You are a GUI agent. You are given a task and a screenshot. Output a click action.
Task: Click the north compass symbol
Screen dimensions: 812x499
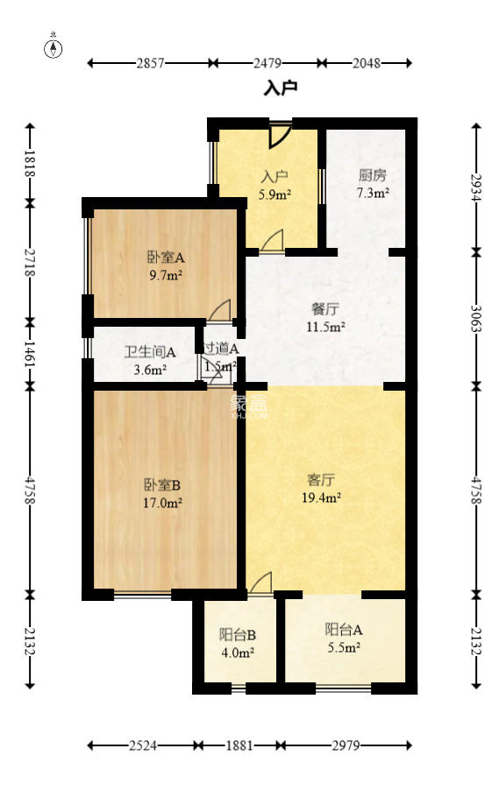(54, 47)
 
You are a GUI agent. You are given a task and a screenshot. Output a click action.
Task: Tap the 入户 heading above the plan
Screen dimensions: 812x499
(281, 88)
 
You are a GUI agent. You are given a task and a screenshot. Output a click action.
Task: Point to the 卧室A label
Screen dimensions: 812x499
(165, 258)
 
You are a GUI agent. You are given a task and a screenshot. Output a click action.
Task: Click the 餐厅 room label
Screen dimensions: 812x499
(325, 309)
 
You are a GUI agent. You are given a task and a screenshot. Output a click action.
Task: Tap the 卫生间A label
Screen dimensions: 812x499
(150, 352)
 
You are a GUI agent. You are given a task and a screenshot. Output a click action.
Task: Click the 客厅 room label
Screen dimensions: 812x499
(321, 480)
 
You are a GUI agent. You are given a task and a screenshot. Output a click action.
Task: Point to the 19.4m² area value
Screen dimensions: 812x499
(322, 498)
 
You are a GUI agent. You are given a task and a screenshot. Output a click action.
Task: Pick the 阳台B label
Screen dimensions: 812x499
(237, 634)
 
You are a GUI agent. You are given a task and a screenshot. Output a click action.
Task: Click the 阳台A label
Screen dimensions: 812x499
(344, 629)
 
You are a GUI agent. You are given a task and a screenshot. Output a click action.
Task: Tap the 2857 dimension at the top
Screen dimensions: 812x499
(150, 63)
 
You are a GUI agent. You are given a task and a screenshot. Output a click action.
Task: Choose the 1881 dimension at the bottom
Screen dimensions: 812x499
(239, 745)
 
